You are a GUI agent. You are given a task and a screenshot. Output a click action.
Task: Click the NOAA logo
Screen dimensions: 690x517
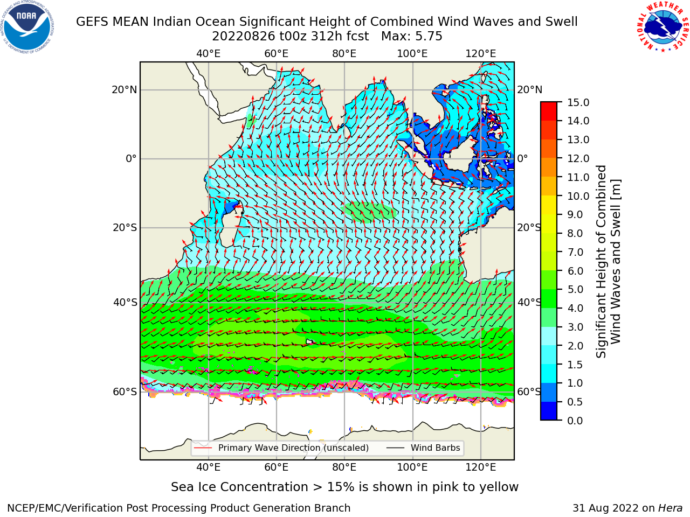[x=27, y=27]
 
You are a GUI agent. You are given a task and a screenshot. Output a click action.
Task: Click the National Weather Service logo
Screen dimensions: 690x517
[x=663, y=27]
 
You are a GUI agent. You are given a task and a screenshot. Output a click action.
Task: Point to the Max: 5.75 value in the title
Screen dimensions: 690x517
[x=411, y=37]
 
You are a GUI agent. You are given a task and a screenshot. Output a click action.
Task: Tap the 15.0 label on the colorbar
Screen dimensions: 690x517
[x=578, y=102]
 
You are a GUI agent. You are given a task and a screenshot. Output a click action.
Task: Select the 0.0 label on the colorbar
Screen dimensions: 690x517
[x=575, y=421]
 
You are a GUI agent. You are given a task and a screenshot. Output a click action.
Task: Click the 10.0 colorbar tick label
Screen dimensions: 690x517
[x=578, y=196]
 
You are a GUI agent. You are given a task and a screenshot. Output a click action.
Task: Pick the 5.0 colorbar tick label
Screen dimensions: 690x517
[x=575, y=289]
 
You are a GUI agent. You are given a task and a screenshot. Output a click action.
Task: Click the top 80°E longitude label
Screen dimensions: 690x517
[x=344, y=54]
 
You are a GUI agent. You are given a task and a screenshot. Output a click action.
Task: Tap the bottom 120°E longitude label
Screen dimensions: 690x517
[x=481, y=467]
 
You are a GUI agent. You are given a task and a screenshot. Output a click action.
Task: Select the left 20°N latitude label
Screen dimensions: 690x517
[x=125, y=90]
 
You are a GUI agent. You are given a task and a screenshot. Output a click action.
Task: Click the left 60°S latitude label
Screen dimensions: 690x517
[x=125, y=392]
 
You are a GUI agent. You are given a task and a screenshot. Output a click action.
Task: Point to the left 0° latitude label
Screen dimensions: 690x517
[x=132, y=158]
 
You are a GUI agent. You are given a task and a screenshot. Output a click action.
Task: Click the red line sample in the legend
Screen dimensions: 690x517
[x=203, y=448]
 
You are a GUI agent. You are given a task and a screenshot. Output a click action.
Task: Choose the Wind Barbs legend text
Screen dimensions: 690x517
[x=436, y=448]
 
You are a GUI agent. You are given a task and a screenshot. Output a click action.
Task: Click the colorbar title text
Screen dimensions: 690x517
[x=609, y=261]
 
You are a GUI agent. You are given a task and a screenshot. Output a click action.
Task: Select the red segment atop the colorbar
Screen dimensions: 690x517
[x=549, y=107]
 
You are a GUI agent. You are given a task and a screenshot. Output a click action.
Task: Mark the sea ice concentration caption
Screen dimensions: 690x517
[x=344, y=487]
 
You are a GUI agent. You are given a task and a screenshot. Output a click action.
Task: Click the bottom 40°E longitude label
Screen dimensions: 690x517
[x=209, y=467]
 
